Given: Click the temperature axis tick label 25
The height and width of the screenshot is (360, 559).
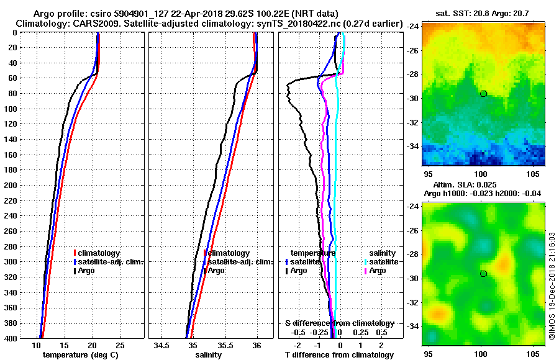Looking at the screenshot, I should [120, 345].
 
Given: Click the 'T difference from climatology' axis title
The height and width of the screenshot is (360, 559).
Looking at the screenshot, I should [340, 355].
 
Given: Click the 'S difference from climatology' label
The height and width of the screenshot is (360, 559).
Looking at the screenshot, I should [340, 323].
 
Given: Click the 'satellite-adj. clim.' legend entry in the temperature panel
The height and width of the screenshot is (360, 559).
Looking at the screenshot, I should [110, 262].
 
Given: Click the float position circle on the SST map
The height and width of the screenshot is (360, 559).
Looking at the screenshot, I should [483, 93].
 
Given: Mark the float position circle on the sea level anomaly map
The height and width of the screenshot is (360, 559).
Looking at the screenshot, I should [483, 274].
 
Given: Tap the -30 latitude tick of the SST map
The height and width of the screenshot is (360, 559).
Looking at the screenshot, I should [414, 98].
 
